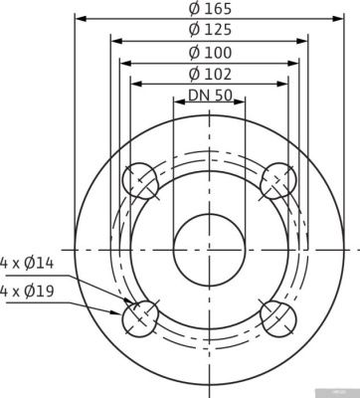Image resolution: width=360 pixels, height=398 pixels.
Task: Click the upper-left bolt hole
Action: [140, 183]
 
